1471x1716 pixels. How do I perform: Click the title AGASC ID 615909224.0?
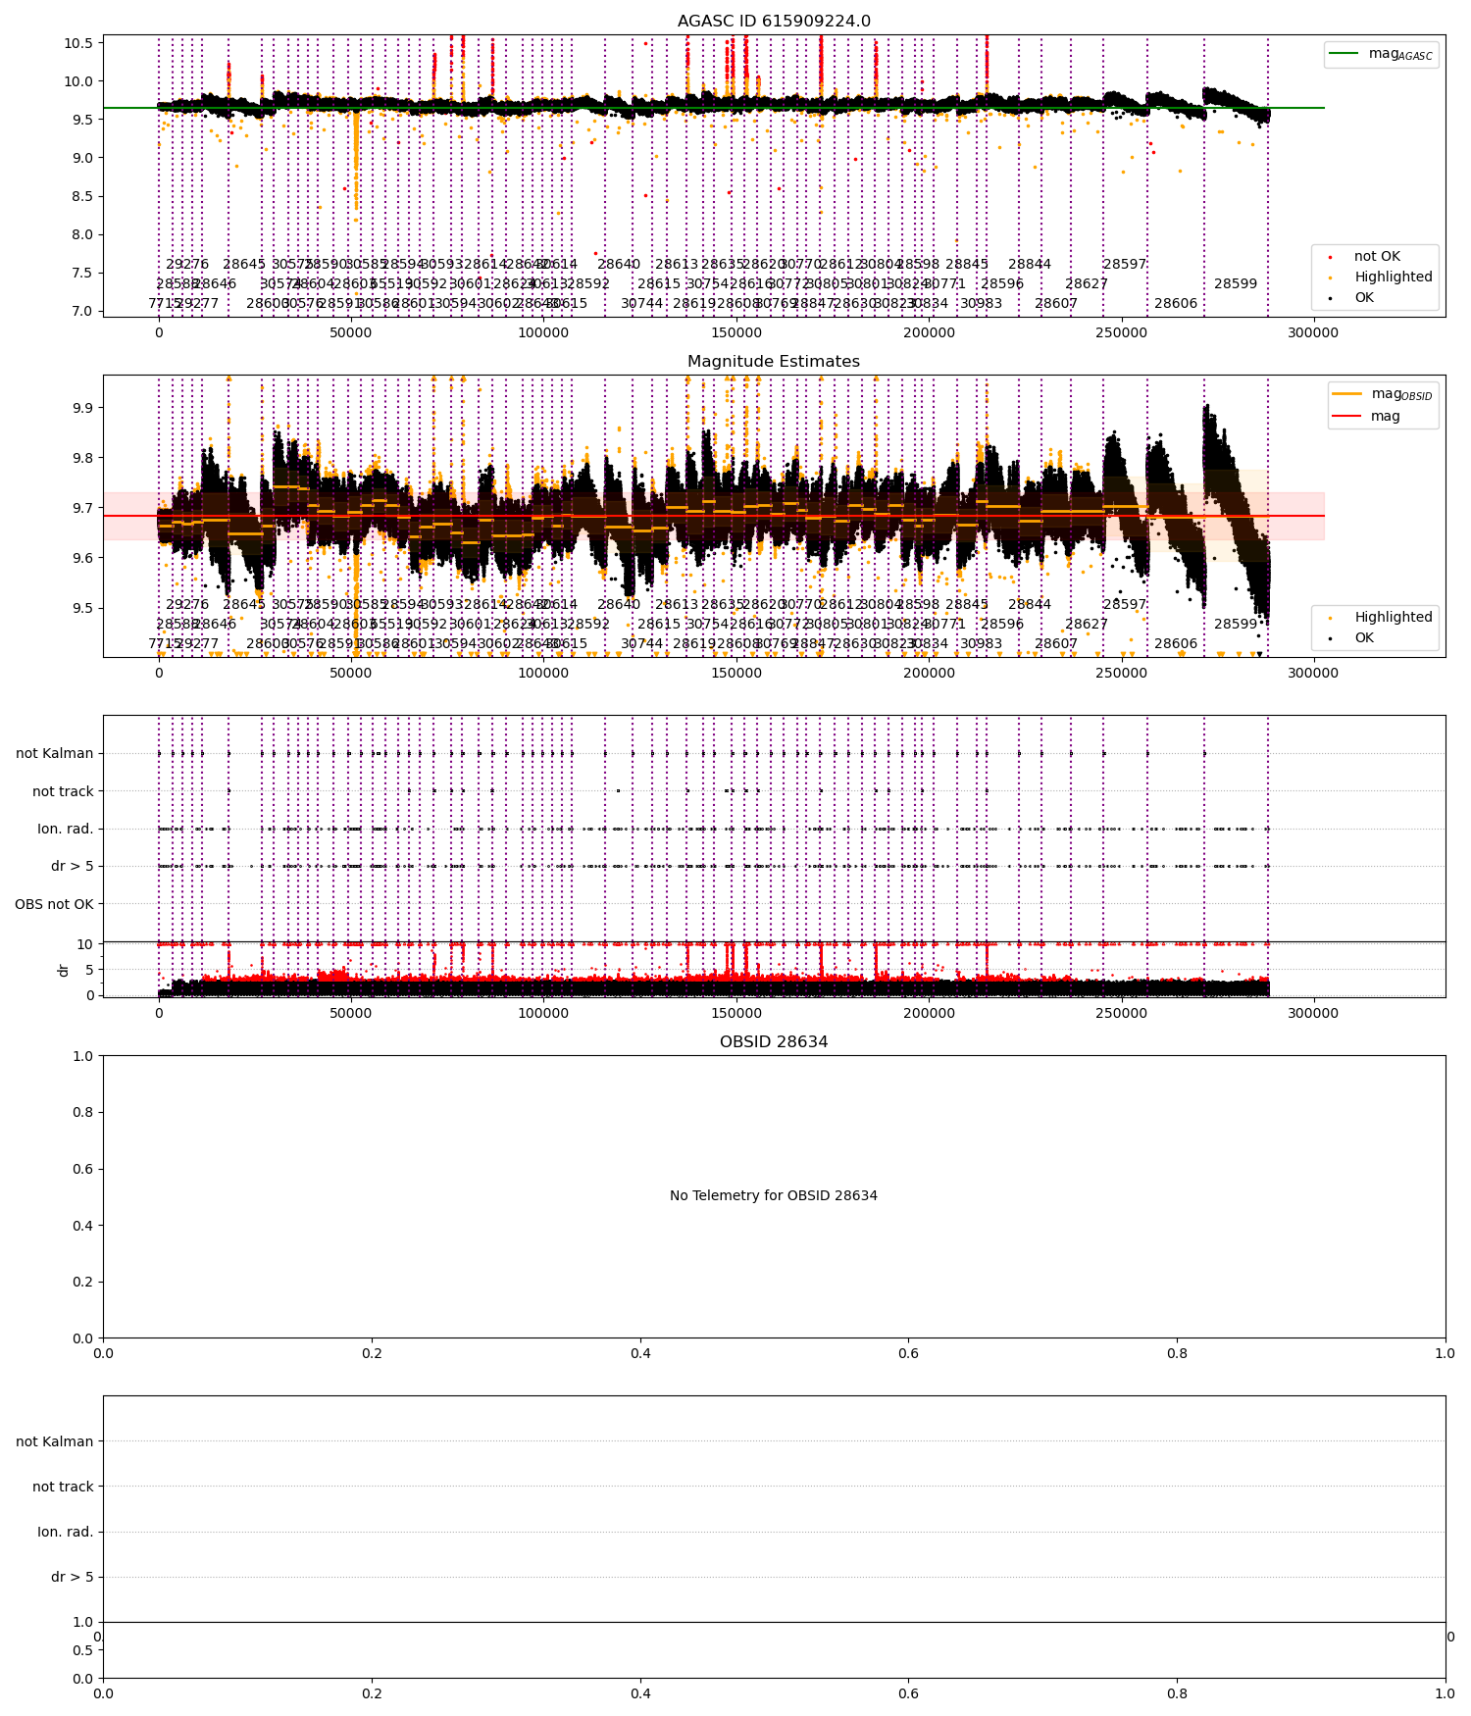[774, 22]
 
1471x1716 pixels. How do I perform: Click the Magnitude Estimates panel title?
[774, 362]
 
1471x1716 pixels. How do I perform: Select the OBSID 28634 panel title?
[774, 1042]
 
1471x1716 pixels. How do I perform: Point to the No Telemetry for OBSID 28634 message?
[774, 1196]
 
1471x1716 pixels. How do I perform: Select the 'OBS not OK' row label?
[54, 904]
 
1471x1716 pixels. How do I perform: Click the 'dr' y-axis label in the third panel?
[64, 970]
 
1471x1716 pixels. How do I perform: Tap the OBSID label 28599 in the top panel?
[1235, 284]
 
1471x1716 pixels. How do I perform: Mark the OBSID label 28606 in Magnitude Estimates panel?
[1175, 644]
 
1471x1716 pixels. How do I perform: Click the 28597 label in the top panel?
[1124, 265]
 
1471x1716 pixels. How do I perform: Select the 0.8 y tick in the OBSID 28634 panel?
[82, 1113]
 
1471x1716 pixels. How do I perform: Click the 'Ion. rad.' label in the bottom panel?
[65, 1532]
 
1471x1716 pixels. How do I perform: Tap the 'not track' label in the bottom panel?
[63, 1487]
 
